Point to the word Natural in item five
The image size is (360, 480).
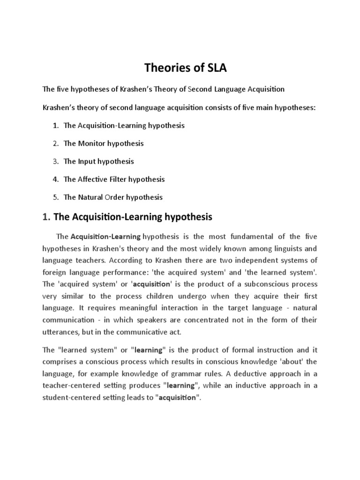pos(89,197)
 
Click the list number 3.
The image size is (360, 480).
pos(55,161)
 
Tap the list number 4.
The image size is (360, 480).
pos(55,179)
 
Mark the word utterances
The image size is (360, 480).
pos(61,332)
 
